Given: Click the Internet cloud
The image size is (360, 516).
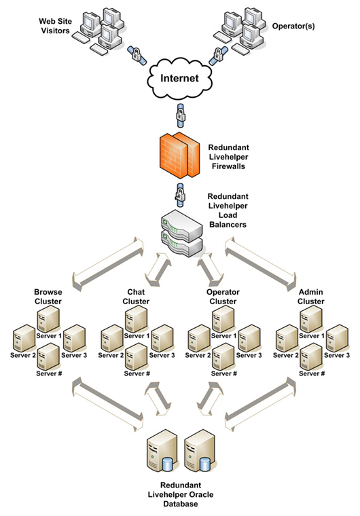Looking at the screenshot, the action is click(179, 78).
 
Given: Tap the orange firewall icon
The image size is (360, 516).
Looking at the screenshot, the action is click(179, 155).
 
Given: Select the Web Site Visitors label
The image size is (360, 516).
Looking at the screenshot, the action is click(55, 26).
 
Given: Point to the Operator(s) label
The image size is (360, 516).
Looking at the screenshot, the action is click(293, 26).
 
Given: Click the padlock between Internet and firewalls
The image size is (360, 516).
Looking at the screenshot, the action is click(181, 115).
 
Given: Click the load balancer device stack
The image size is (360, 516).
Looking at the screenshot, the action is click(182, 234).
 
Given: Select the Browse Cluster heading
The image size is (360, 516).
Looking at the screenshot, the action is click(48, 297).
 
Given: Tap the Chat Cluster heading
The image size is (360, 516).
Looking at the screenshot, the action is click(136, 297).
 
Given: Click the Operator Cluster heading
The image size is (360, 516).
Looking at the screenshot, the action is click(223, 297).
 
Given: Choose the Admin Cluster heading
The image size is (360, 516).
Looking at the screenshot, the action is click(311, 297).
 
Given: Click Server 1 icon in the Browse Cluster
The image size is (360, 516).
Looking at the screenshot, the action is click(48, 318).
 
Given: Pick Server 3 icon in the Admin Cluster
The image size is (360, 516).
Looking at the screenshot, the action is click(338, 338).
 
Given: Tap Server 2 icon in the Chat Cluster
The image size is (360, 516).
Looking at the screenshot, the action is click(112, 338).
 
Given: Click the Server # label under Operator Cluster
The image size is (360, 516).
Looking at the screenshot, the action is click(224, 373).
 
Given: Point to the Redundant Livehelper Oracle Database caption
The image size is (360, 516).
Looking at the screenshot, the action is click(181, 494).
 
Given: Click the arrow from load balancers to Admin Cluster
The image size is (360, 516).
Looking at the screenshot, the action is click(260, 263).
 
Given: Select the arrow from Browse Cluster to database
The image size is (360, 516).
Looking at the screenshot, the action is click(108, 403).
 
